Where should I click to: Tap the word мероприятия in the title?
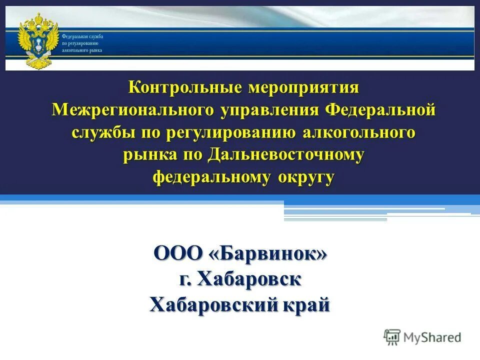(x=302, y=87)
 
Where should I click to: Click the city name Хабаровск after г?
(x=249, y=279)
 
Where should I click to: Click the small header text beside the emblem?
(x=82, y=44)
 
